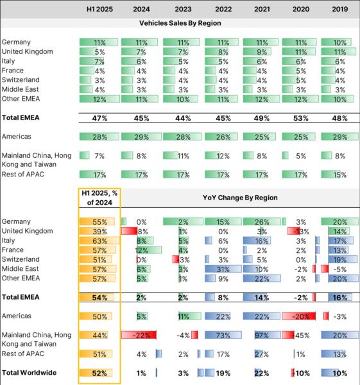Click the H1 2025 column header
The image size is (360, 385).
(x=99, y=10)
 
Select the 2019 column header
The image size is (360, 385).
(x=340, y=10)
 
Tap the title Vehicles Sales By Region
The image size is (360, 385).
(x=180, y=23)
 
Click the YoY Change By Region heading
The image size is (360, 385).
(x=240, y=198)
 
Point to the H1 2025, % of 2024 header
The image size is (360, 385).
(x=99, y=198)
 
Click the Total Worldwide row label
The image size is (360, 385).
(x=29, y=373)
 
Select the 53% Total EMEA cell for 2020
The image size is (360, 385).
(x=301, y=118)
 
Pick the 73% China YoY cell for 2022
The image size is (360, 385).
(x=223, y=335)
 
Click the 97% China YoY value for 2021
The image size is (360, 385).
(x=262, y=335)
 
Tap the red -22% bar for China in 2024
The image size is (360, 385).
(x=139, y=335)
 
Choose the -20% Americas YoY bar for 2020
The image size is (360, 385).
(x=298, y=316)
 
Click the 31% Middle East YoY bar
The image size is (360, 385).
(x=223, y=269)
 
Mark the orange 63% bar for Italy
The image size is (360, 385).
(x=99, y=241)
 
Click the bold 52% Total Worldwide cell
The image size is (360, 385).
(x=99, y=373)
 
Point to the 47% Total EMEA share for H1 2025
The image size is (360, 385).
(x=99, y=118)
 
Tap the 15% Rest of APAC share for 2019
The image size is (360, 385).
(x=340, y=175)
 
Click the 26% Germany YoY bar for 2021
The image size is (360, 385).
(x=262, y=222)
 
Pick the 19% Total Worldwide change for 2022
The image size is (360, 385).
(x=223, y=373)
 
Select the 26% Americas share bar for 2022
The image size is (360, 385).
(x=221, y=137)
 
